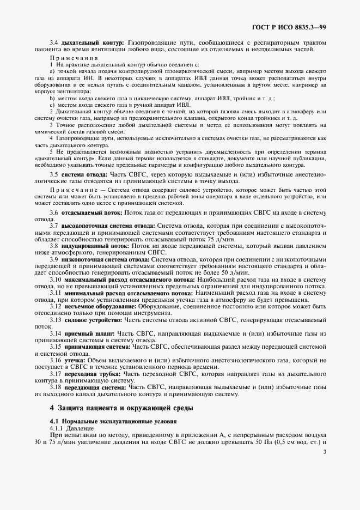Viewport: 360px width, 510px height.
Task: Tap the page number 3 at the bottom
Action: tap(325, 451)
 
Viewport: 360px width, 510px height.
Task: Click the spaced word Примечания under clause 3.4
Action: tap(74, 57)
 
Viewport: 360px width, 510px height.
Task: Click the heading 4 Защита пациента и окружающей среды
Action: tap(120, 408)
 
